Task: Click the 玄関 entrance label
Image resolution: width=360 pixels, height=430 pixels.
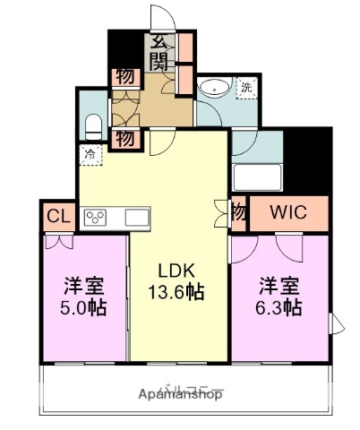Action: [x=159, y=50]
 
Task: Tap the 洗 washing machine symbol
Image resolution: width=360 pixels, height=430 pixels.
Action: [x=246, y=87]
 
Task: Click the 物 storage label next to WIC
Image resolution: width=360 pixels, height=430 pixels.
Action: [x=238, y=213]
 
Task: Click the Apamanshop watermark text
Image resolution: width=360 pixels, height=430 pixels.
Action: [x=180, y=393]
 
